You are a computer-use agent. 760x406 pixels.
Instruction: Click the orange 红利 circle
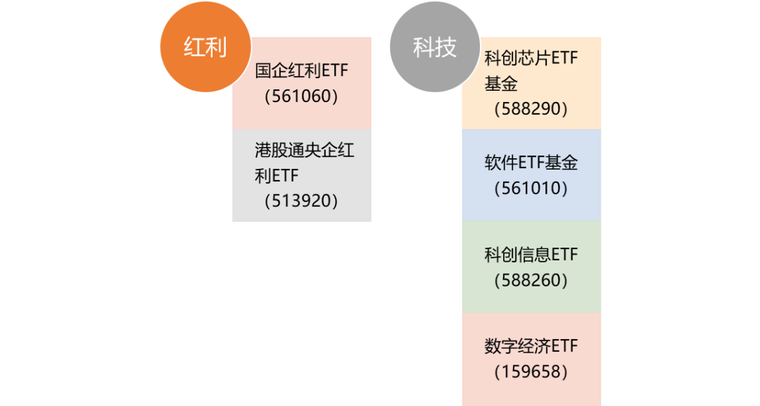(205, 47)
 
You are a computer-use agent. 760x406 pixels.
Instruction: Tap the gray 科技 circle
(435, 47)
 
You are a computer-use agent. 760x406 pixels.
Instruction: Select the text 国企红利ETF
(302, 71)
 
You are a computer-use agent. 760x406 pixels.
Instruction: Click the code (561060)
(302, 96)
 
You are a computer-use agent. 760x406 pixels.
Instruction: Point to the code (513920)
(302, 201)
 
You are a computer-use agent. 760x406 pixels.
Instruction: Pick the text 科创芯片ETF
(531, 58)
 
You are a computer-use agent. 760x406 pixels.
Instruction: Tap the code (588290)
(531, 109)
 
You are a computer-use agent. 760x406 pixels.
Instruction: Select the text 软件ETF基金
(531, 163)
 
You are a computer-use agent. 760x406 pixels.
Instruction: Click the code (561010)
(531, 189)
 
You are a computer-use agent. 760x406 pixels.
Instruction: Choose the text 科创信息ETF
(531, 255)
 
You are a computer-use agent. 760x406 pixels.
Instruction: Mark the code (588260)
(531, 280)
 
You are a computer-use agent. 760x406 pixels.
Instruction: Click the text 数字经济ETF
(531, 346)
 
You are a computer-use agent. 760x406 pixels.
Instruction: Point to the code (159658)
(531, 372)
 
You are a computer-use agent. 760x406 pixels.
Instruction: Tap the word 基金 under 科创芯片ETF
(501, 84)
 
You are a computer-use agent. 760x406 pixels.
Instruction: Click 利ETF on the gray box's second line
(277, 176)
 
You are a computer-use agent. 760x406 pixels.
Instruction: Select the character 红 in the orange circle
(194, 48)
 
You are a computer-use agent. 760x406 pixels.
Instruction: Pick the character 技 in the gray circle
(446, 48)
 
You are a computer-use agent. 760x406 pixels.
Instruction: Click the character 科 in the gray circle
(424, 48)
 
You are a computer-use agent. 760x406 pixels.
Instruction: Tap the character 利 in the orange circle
(216, 48)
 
